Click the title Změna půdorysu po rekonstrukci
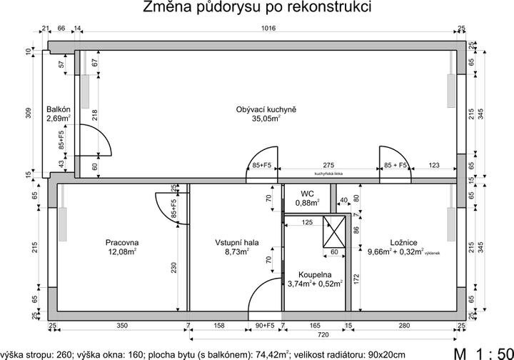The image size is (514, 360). [257, 9]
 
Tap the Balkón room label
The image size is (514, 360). [58, 109]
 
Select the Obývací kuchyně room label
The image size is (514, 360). [266, 109]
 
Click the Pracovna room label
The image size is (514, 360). [121, 242]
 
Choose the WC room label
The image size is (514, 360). [308, 194]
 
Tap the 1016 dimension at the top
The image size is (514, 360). [269, 30]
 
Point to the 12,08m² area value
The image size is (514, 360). [121, 252]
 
